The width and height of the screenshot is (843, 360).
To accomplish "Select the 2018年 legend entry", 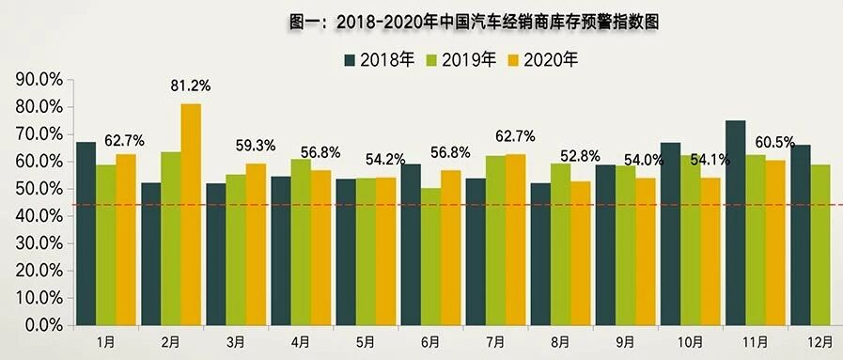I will (380, 59).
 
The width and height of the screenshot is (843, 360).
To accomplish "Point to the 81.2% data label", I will (191, 86).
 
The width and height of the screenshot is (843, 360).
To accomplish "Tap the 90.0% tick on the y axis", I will (39, 80).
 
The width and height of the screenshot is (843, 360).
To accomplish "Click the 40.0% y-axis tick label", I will (39, 216).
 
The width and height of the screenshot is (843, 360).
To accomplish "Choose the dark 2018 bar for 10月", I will (670, 234).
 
